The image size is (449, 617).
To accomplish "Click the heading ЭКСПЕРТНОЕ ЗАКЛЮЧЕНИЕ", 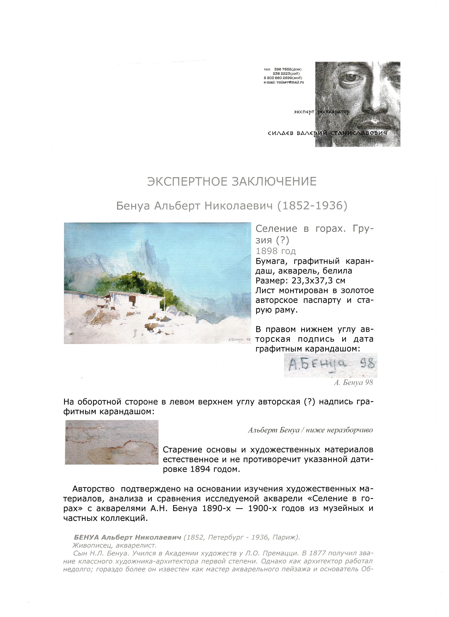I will [232, 181].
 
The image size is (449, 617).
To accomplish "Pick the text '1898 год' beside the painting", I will [275, 251].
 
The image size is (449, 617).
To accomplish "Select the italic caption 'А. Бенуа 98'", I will [353, 382].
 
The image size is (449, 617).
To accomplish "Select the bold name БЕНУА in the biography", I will [86, 537].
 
